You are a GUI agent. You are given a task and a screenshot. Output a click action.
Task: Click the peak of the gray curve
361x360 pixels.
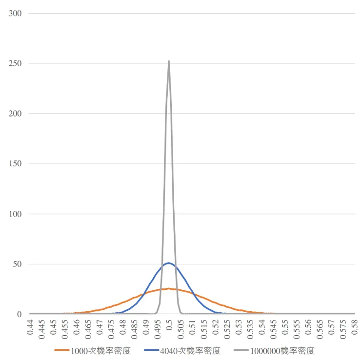point(169,61)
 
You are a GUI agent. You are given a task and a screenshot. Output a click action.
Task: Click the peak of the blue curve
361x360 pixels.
point(169,263)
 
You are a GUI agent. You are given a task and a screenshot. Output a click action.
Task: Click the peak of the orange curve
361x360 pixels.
point(169,288)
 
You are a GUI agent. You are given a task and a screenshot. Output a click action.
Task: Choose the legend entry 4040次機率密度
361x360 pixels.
point(190,351)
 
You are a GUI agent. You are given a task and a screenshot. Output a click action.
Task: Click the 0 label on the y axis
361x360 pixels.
point(20,314)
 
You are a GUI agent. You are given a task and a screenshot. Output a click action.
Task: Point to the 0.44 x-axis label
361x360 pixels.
point(30,328)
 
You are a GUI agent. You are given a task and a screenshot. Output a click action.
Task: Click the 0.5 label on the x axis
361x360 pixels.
point(169,326)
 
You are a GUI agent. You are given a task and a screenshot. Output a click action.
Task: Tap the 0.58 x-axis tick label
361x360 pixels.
point(355,328)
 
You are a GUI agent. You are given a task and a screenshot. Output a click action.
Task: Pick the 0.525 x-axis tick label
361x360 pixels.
point(227,330)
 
